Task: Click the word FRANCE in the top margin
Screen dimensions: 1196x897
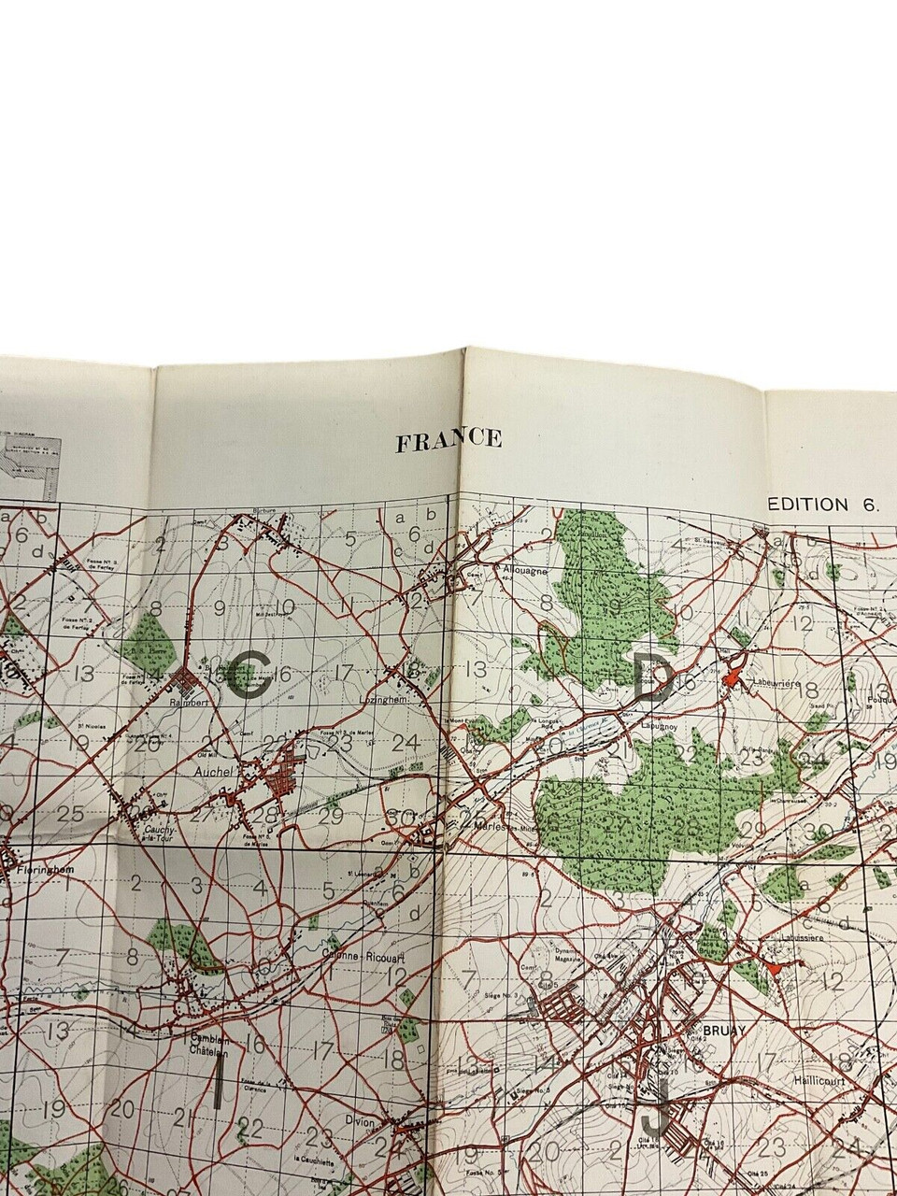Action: tap(448, 440)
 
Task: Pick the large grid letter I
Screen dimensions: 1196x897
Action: tap(218, 1080)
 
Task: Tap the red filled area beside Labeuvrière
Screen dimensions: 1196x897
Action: tap(734, 671)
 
